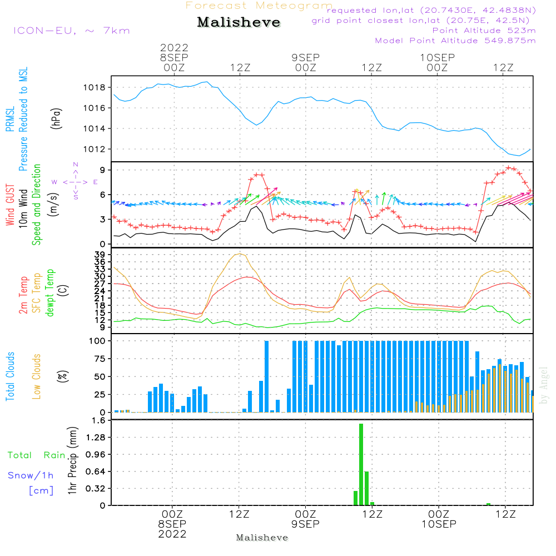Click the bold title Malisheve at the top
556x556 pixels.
pos(239,22)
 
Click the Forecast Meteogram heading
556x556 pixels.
pos(259,6)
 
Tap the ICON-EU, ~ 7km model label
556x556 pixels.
pos(72,31)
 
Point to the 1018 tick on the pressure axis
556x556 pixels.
pos(95,88)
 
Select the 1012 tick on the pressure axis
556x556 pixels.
pos(95,149)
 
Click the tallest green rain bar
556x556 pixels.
pos(361,464)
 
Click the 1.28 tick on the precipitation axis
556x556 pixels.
pos(96,437)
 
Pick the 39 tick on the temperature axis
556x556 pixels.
pos(100,255)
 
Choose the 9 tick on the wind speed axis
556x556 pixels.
pos(102,170)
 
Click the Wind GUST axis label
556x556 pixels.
pos(10,205)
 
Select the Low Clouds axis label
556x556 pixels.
pos(37,376)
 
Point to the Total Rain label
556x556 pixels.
pos(37,455)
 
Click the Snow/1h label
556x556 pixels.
pos(31,475)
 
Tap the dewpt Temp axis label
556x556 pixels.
pos(49,292)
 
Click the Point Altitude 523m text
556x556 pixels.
pos(484,31)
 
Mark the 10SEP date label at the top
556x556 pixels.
pos(437,57)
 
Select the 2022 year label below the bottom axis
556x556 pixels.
pos(172,534)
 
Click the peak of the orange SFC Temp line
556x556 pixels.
pos(240,254)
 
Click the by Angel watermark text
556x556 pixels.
pos(544,385)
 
